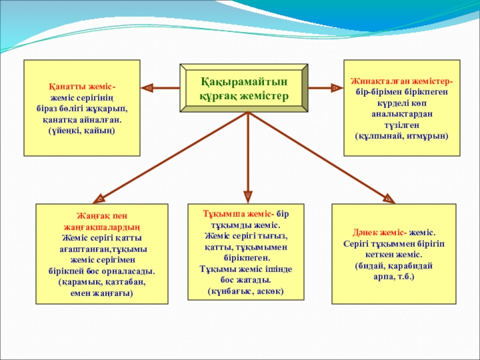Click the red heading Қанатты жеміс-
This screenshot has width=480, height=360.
(82, 86)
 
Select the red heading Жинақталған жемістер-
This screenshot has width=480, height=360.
(401, 80)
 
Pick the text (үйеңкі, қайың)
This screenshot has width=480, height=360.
(82, 130)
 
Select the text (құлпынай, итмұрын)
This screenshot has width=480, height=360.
(401, 136)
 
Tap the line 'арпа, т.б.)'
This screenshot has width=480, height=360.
(394, 276)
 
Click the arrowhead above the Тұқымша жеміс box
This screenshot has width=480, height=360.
(247, 195)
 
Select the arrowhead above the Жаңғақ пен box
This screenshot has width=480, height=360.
(98, 197)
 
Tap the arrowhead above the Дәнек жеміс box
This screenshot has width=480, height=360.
(389, 197)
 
